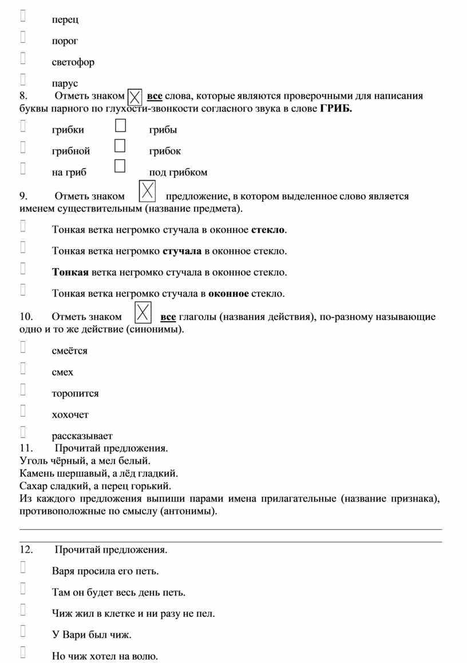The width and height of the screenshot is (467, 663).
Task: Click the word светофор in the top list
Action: [x=73, y=62]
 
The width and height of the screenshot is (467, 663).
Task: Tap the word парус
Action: [x=65, y=83]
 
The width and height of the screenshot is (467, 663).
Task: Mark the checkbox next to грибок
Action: [x=120, y=146]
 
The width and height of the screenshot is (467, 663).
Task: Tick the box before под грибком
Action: [x=120, y=166]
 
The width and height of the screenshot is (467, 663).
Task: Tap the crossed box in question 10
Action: [x=143, y=312]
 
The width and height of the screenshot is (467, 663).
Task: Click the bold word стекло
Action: [x=268, y=230]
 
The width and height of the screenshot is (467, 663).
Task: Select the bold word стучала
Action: [x=182, y=251]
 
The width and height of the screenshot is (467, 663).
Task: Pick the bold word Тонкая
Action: [x=70, y=273]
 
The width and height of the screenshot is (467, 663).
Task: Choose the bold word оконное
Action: [x=228, y=294]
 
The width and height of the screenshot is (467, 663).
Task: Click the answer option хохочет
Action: [x=70, y=414]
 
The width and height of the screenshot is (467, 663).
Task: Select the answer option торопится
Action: [x=75, y=393]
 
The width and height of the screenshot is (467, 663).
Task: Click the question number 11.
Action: [x=26, y=448]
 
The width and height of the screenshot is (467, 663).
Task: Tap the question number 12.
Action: [x=26, y=550]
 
